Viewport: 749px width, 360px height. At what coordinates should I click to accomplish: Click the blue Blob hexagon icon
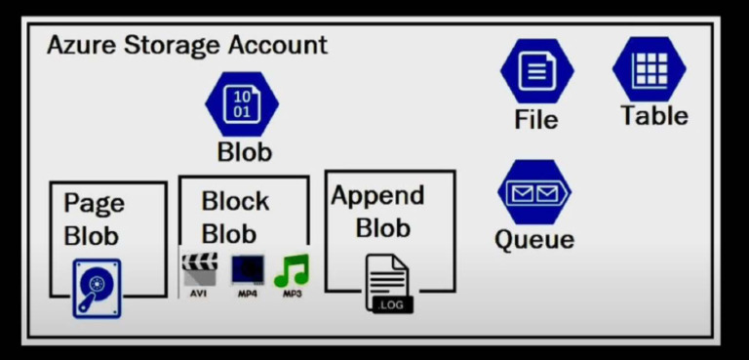[242, 104]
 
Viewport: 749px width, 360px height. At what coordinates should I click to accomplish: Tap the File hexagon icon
[536, 71]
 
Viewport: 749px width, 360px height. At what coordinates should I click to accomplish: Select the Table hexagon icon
[650, 68]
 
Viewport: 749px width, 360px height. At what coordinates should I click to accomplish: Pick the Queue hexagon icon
[533, 192]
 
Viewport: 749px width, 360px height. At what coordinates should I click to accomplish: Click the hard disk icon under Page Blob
[97, 288]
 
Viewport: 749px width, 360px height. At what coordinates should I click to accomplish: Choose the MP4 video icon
[248, 269]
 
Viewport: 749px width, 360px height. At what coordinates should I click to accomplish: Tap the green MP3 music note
[292, 270]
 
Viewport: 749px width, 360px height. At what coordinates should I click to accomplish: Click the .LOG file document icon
[387, 283]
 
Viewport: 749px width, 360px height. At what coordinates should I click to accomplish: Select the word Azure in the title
[81, 45]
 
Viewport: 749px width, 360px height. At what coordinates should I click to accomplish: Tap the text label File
[536, 120]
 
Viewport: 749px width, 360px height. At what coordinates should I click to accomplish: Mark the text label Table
[654, 116]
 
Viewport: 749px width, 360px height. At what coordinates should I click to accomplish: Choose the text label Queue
[534, 239]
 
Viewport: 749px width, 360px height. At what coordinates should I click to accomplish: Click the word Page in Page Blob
[94, 204]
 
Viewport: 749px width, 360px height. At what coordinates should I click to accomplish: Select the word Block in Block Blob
[235, 202]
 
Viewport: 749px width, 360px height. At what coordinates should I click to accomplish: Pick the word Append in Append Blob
[377, 195]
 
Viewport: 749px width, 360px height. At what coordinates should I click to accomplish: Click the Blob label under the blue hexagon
[244, 152]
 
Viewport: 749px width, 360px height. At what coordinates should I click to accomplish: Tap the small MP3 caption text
[292, 294]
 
